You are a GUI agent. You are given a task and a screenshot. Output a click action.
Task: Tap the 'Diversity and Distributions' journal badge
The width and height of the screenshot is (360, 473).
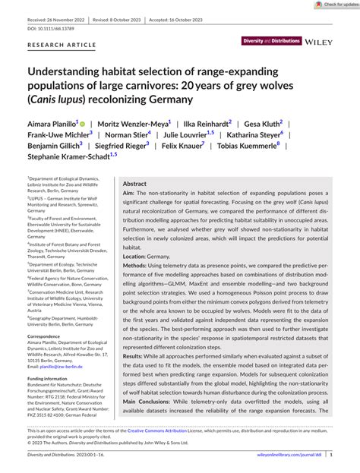(271, 39)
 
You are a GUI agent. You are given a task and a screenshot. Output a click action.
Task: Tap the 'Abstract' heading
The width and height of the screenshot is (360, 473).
(134, 184)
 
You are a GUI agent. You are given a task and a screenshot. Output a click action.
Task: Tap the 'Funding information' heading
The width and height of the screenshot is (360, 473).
(47, 377)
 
